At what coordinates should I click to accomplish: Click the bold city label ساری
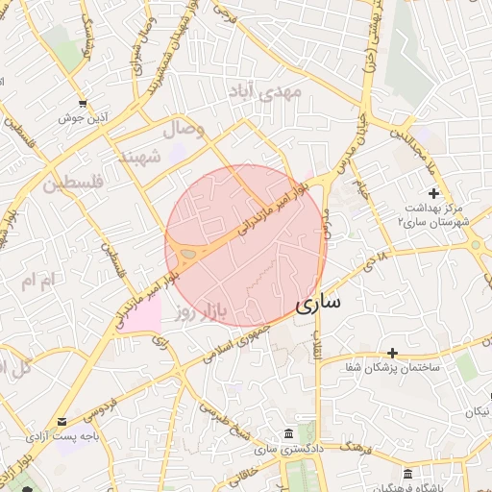coord(318,305)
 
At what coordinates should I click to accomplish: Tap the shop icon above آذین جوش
coord(83,103)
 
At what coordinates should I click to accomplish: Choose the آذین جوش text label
coord(83,117)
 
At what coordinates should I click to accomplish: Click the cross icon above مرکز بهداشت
coord(433,193)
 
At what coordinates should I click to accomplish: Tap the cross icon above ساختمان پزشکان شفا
coord(392,354)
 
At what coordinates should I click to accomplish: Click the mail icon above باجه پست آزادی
coord(62,421)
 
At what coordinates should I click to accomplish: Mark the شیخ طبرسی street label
coord(222,412)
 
